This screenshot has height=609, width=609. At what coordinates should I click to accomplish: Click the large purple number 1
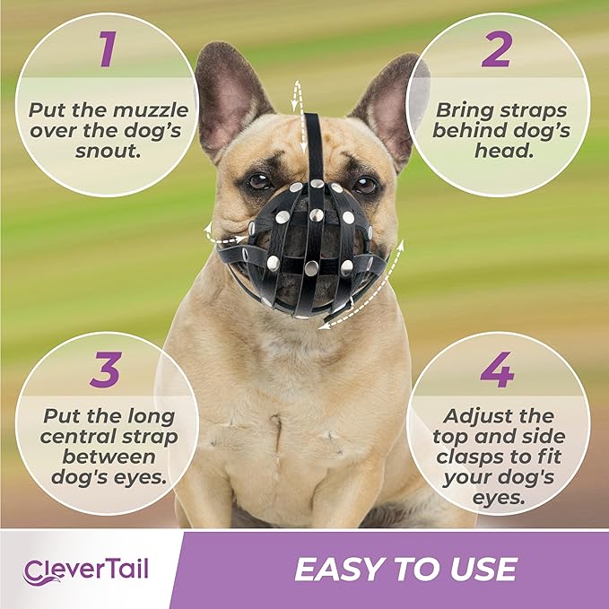(x=108, y=51)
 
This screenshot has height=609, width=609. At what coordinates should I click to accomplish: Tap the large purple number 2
(x=496, y=51)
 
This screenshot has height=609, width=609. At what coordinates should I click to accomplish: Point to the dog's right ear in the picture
(x=387, y=99)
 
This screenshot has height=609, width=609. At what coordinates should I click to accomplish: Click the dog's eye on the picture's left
(x=257, y=181)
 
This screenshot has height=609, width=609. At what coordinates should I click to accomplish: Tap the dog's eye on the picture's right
(x=364, y=186)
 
